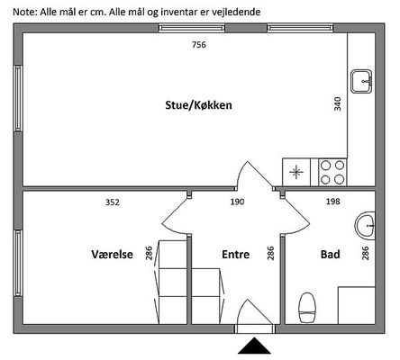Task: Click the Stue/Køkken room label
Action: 198,105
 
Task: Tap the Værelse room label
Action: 112,255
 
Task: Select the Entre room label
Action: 236,255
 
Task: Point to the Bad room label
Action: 331,255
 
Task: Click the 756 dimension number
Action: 199,45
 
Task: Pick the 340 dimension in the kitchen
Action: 338,103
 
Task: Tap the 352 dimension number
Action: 113,202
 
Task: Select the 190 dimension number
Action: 237,202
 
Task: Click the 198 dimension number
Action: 333,202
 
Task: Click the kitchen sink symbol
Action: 362,81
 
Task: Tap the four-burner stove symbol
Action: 332,173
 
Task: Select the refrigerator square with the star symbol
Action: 296,173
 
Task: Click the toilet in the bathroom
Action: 306,308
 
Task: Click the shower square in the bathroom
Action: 357,305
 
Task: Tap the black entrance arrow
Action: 254,346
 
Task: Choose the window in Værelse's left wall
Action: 18,263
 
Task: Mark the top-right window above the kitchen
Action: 301,28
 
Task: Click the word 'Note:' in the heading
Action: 25,12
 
